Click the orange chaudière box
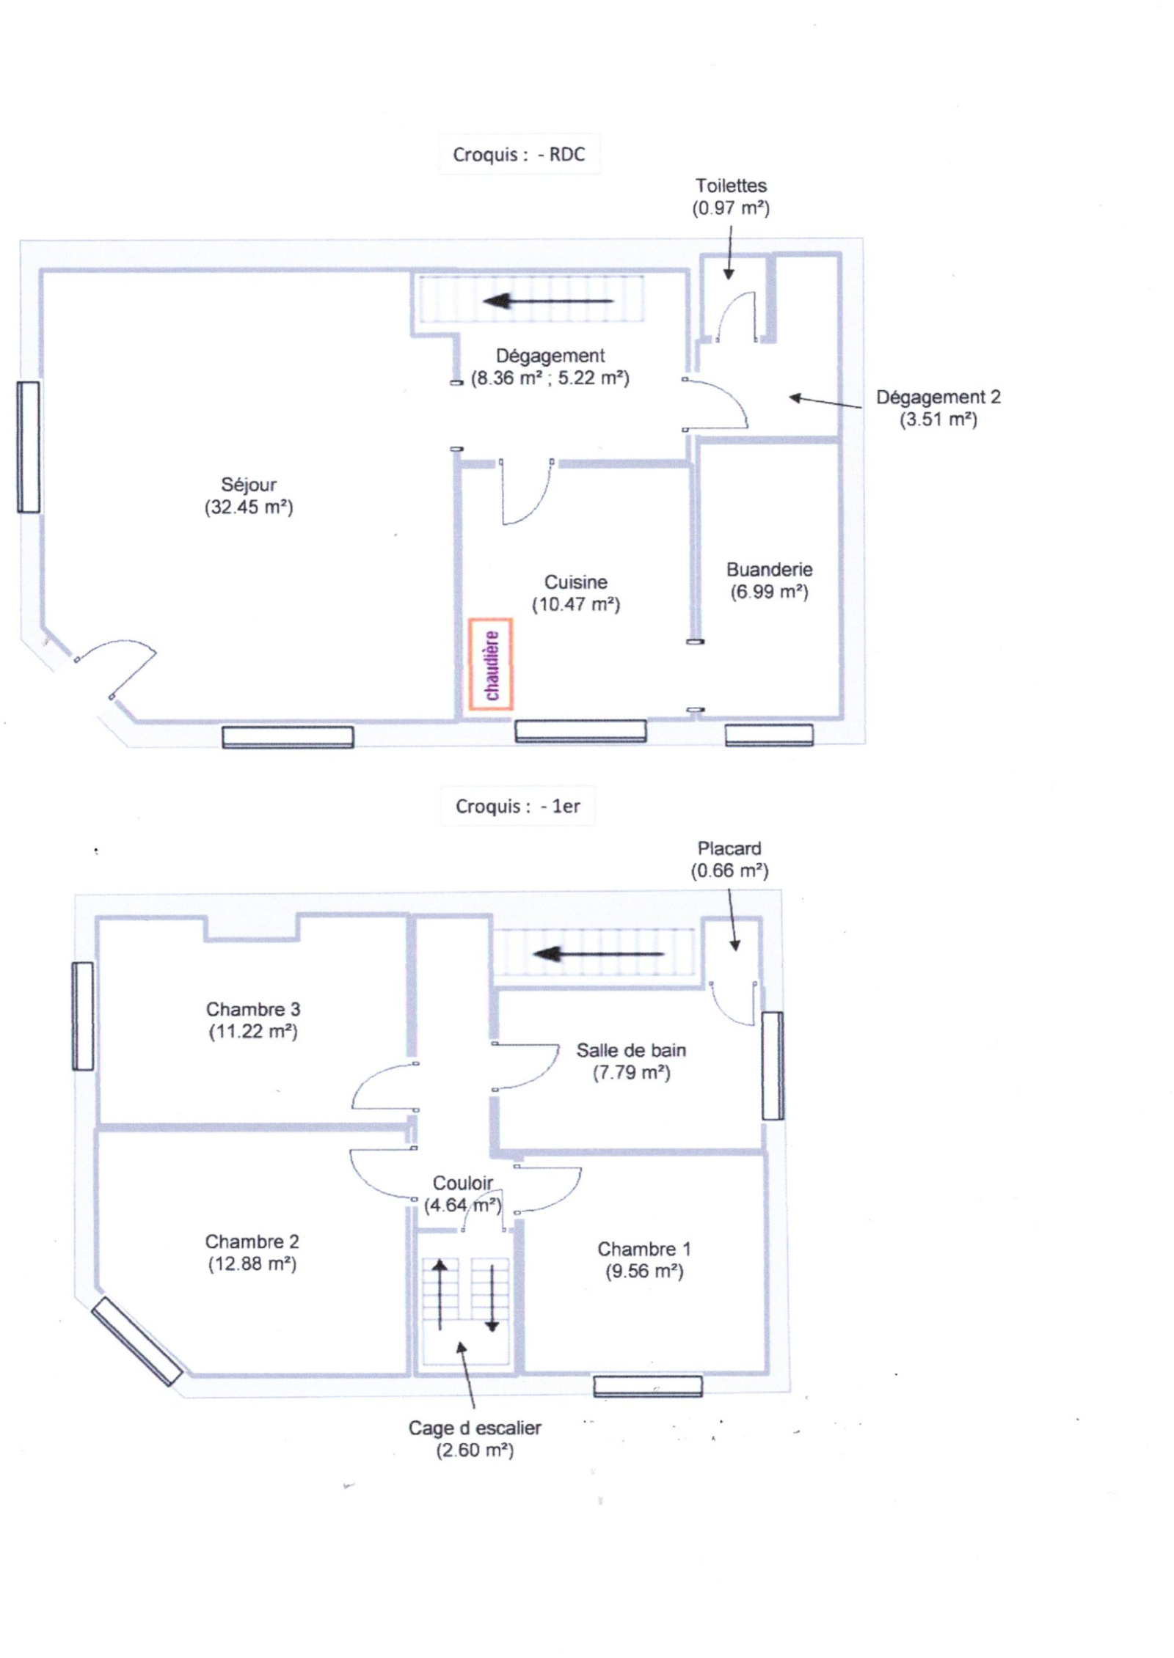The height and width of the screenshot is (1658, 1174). pyautogui.click(x=491, y=664)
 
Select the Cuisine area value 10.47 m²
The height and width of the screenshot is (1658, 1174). pyautogui.click(x=576, y=605)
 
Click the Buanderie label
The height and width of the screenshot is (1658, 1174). pyautogui.click(x=769, y=570)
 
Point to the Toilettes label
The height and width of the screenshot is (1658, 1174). pyautogui.click(x=731, y=186)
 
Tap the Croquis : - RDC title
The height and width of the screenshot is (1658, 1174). pyautogui.click(x=519, y=154)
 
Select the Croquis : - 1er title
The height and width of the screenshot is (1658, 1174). pyautogui.click(x=517, y=806)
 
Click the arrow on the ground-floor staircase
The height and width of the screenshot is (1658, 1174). pyautogui.click(x=548, y=301)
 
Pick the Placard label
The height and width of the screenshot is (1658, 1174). pyautogui.click(x=729, y=848)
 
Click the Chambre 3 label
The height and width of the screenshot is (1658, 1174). pyautogui.click(x=253, y=1009)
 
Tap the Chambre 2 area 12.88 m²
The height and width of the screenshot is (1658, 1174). pyautogui.click(x=252, y=1264)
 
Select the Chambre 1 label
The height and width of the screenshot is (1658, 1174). pyautogui.click(x=643, y=1249)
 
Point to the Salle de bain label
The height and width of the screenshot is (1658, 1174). pyautogui.click(x=631, y=1050)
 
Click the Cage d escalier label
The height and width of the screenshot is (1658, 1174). pyautogui.click(x=475, y=1428)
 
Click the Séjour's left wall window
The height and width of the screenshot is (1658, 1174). pyautogui.click(x=29, y=447)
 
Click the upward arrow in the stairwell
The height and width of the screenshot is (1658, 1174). pyautogui.click(x=440, y=1295)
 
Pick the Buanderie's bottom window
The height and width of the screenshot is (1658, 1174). pyautogui.click(x=769, y=735)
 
